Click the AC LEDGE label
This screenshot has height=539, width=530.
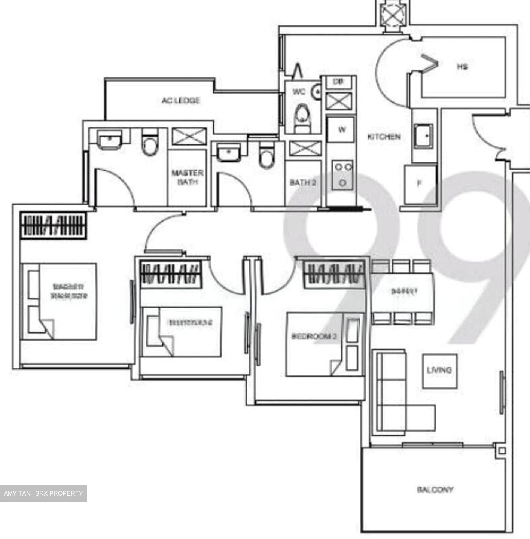click(181, 100)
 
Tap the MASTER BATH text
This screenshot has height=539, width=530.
click(187, 177)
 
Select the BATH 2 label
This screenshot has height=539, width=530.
click(303, 182)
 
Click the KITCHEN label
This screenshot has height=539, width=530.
click(384, 137)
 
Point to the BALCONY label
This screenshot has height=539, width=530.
click(435, 490)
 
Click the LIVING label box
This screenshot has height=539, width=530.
click(440, 371)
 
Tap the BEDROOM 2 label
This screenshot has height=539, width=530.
click(314, 336)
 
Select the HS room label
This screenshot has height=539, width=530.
click(462, 67)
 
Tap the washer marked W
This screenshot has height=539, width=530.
click(341, 130)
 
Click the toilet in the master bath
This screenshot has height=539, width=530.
click(150, 143)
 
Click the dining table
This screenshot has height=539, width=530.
click(403, 292)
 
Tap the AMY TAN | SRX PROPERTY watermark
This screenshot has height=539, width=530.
click(43, 493)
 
